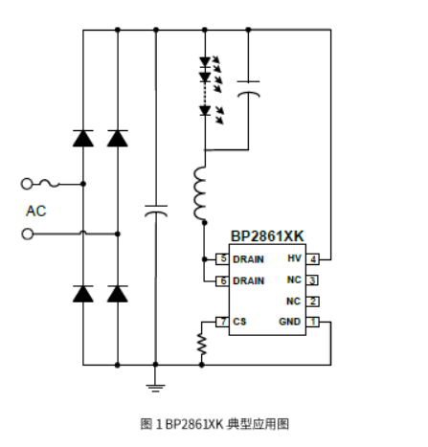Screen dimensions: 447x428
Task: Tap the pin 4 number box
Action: coord(313,258)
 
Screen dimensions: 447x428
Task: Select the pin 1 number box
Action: coord(313,322)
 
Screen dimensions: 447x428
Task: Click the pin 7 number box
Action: coord(222,322)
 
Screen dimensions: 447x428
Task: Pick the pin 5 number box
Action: coord(222,258)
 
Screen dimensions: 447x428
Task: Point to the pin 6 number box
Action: coord(222,279)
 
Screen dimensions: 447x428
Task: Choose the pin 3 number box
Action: coord(313,279)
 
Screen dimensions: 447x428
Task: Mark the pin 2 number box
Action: coord(313,301)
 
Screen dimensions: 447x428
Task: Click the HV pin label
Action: coord(294,258)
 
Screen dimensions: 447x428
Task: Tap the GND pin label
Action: coord(290,322)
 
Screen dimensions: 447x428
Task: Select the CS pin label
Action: coord(238,322)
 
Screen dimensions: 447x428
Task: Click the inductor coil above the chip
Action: coord(202,192)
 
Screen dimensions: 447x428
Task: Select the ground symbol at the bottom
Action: coord(154,385)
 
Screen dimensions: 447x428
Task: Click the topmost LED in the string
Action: coord(203,63)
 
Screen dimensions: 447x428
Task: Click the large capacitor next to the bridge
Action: coord(154,210)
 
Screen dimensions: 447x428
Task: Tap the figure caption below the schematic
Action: coord(214,422)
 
